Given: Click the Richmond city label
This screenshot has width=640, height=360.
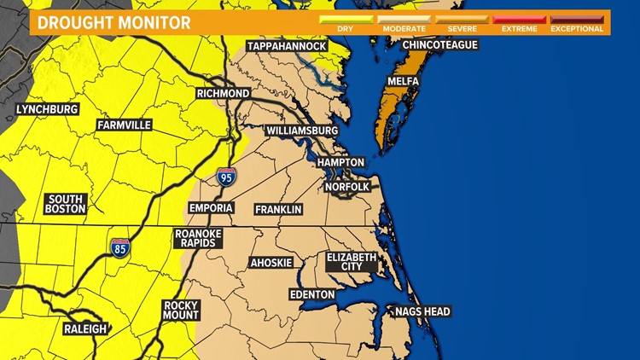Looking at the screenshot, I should coord(223,93).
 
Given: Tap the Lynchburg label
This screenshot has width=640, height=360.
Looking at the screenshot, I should coord(48,109).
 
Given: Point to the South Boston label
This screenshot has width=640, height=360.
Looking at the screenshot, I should coord(66,203).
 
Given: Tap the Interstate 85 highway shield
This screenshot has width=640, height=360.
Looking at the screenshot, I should coord(120,248).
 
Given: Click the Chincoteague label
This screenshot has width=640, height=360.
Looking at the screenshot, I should coord(440,44).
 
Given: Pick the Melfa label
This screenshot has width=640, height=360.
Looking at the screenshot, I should coord(402,81).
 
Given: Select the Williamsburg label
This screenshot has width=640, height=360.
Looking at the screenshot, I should coord(301,131).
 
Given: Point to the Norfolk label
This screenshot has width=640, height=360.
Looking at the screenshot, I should coord(347,187).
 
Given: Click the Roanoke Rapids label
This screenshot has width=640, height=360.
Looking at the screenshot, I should coord(197,237).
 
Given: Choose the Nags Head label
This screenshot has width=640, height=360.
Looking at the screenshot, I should coord(422,311).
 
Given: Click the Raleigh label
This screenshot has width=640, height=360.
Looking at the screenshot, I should coord(84,328).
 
